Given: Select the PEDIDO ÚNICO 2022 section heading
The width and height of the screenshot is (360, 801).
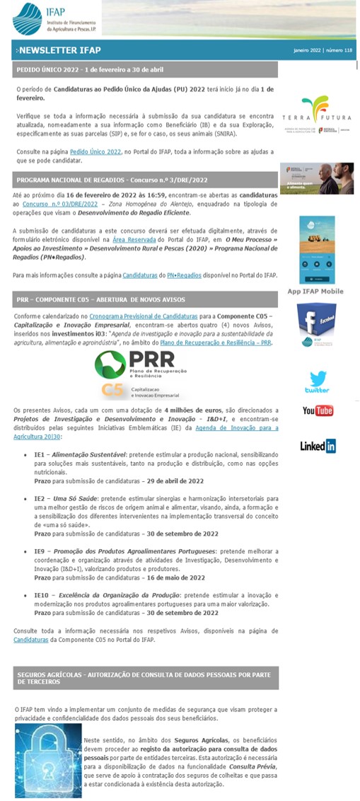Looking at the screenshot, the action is point(90,70).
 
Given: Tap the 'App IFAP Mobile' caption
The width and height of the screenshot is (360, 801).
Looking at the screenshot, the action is point(316,292).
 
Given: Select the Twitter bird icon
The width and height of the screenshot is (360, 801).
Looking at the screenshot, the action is point(317,380).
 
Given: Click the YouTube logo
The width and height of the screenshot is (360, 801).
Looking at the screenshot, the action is point(318,410).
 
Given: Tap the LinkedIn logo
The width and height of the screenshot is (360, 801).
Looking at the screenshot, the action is point(318,446).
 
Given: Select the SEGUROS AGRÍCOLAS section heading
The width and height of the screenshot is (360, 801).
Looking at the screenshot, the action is point(144,678).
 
